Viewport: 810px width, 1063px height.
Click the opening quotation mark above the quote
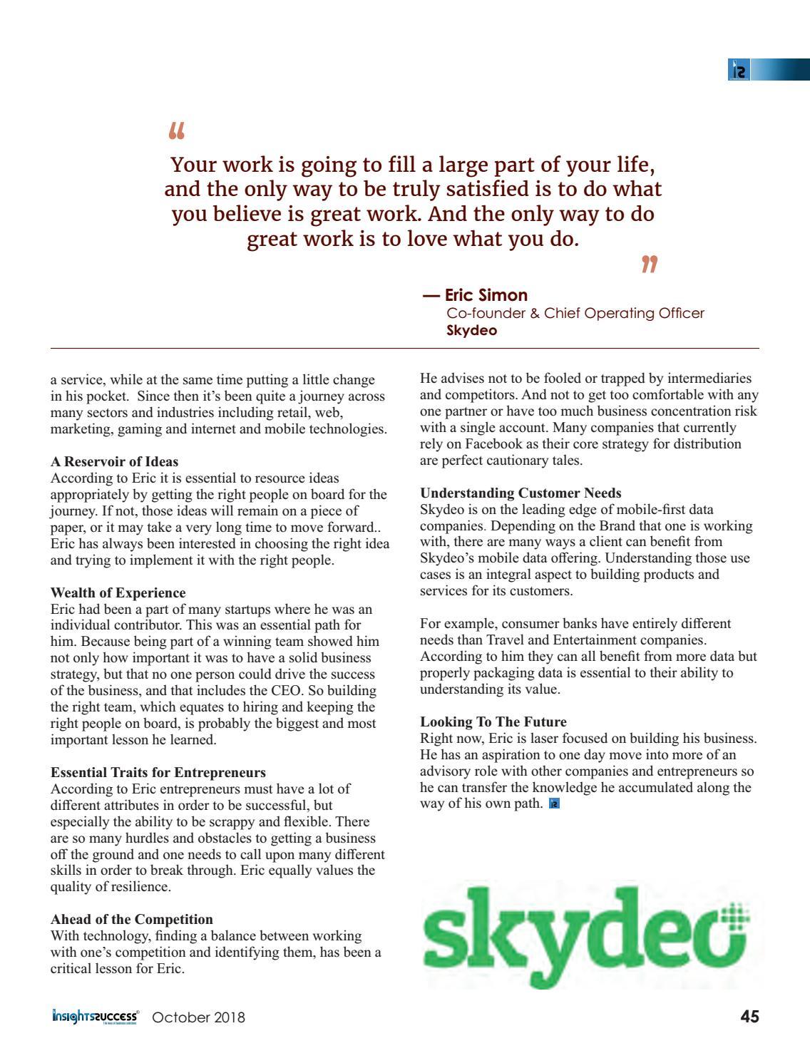tap(178, 131)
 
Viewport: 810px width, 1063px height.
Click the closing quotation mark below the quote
tap(648, 265)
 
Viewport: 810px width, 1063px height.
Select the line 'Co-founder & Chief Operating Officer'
tap(575, 313)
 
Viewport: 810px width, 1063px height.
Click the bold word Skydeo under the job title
tap(471, 331)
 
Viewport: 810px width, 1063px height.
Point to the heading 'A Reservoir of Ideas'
tap(115, 461)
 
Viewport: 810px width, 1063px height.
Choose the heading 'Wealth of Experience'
tap(118, 592)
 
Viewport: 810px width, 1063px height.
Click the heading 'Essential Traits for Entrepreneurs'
tap(158, 772)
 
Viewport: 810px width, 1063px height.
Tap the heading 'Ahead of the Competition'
tap(132, 919)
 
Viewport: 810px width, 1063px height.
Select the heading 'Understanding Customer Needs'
tap(521, 493)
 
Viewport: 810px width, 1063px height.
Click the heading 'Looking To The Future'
tap(493, 721)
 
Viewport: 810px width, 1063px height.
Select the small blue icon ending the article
tap(554, 804)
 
